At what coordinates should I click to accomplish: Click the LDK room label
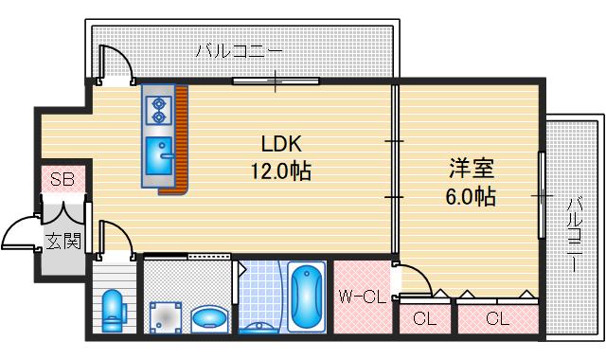coord(281,145)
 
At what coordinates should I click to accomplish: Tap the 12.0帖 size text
coord(281,171)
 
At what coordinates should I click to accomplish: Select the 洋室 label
coord(472,171)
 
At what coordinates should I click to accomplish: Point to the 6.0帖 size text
coord(472,197)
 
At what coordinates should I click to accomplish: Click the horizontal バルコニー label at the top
coord(238,52)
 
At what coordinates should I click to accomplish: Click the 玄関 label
coord(62,242)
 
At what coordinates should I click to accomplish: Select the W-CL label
coord(361,297)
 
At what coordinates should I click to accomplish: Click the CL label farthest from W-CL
coord(497,318)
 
